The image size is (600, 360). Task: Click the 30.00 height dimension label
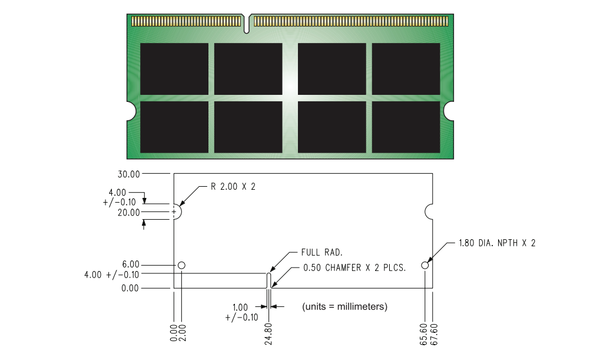[x=129, y=174]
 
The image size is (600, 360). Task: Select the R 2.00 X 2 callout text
[x=233, y=187]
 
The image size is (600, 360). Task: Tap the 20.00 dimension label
[x=129, y=212]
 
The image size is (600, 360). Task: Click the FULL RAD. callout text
[x=322, y=253]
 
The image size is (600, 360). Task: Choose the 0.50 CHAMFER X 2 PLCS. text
[x=354, y=267]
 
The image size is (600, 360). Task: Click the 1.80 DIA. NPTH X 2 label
[x=497, y=243]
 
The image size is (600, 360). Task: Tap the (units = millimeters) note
[x=344, y=307]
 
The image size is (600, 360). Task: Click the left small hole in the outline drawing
[x=181, y=265]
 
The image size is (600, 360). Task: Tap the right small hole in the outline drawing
[x=425, y=265]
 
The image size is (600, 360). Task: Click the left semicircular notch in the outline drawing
[x=177, y=211]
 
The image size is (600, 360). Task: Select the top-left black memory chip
[x=174, y=68]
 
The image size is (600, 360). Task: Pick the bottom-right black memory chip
[x=406, y=127]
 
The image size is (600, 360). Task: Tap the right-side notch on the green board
[x=450, y=110]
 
